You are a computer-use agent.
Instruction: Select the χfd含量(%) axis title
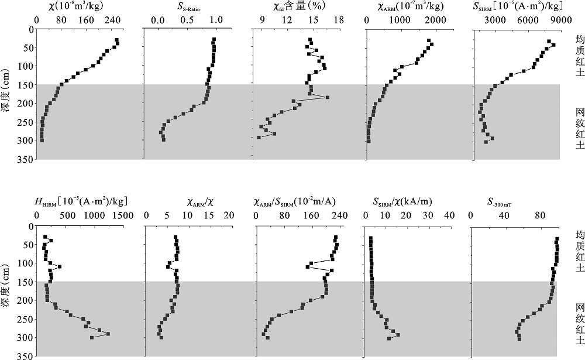(292, 7)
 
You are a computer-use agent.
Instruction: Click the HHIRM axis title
(82, 202)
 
